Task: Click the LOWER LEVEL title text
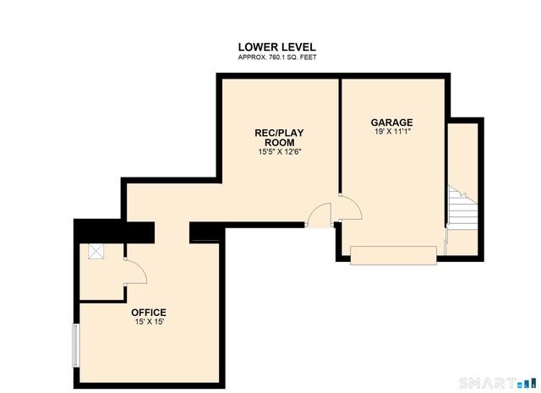[x=277, y=46]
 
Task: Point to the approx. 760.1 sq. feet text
[x=277, y=57]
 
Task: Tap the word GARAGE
[x=391, y=122]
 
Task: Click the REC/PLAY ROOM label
[x=280, y=138]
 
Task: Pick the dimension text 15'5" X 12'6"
[x=280, y=152]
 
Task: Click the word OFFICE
[x=148, y=313]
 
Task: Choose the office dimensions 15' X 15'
[x=148, y=322]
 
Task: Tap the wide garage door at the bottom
[x=393, y=254]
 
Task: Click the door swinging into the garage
[x=350, y=207]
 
